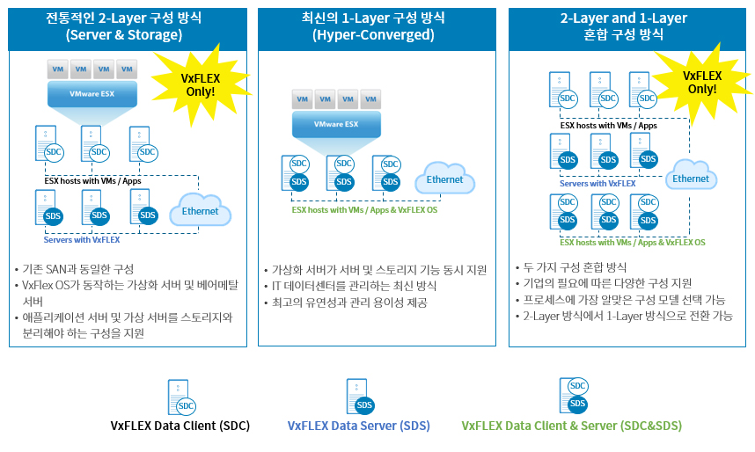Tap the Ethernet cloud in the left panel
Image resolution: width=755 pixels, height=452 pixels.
200,211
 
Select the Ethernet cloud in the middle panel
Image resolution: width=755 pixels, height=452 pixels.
444,179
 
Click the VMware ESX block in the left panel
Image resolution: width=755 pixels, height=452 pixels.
92,94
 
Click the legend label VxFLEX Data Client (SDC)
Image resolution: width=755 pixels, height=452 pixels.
180,426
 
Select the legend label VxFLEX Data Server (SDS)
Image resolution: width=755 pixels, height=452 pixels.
358,426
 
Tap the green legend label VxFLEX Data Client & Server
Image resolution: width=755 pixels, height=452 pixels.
571,426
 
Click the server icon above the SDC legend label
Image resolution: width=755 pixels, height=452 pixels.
180,397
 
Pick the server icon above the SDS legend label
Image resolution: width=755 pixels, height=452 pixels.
358,397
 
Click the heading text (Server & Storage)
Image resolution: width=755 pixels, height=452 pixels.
123,35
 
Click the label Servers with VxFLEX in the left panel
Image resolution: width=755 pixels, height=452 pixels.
82,239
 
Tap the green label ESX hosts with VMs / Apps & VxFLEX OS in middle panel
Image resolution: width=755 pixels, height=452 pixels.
364,210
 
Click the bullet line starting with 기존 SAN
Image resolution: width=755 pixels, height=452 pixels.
79,269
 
